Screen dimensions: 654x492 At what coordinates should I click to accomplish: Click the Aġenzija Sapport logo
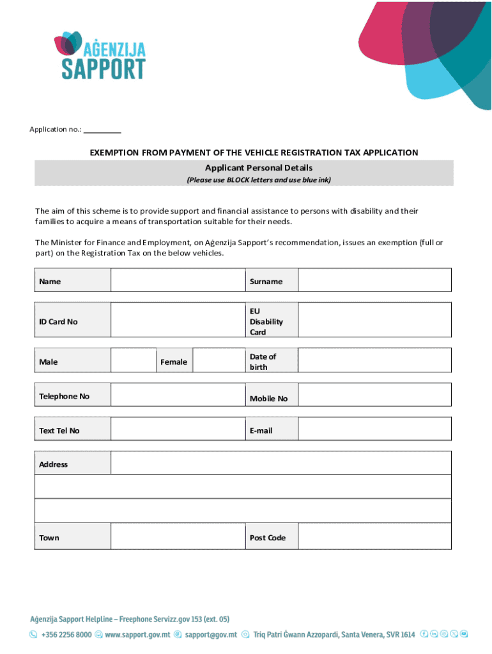pyautogui.click(x=100, y=56)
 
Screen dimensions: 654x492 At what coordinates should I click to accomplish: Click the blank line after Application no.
pyautogui.click(x=102, y=130)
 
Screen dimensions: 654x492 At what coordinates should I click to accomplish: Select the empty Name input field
pyautogui.click(x=178, y=280)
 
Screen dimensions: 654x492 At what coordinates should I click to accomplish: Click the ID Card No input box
pyautogui.click(x=178, y=319)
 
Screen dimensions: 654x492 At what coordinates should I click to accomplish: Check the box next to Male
pyautogui.click(x=134, y=360)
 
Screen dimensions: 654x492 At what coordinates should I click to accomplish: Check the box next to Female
pyautogui.click(x=218, y=360)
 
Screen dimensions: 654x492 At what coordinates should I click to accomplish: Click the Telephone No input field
pyautogui.click(x=178, y=395)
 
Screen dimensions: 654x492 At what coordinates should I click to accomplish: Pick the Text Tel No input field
pyautogui.click(x=178, y=429)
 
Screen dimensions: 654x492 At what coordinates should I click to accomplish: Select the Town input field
pyautogui.click(x=178, y=536)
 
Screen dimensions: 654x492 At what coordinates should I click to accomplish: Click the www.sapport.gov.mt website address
pyautogui.click(x=137, y=635)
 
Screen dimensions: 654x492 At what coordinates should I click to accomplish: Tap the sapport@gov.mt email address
pyautogui.click(x=211, y=635)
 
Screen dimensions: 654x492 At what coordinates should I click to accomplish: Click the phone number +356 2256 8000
pyautogui.click(x=66, y=635)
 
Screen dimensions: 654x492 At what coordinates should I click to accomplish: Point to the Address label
pyautogui.click(x=54, y=464)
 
